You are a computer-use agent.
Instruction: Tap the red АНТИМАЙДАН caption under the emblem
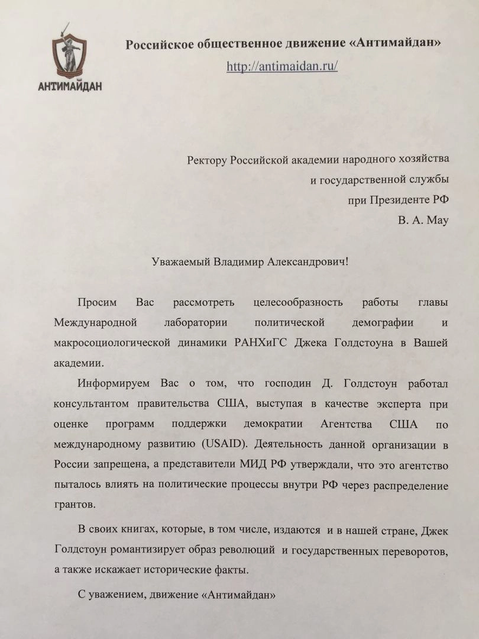coord(70,86)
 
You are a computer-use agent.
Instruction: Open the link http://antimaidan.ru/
coord(282,66)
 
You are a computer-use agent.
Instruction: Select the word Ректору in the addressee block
coord(208,159)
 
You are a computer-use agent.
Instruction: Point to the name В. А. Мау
coord(423,220)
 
